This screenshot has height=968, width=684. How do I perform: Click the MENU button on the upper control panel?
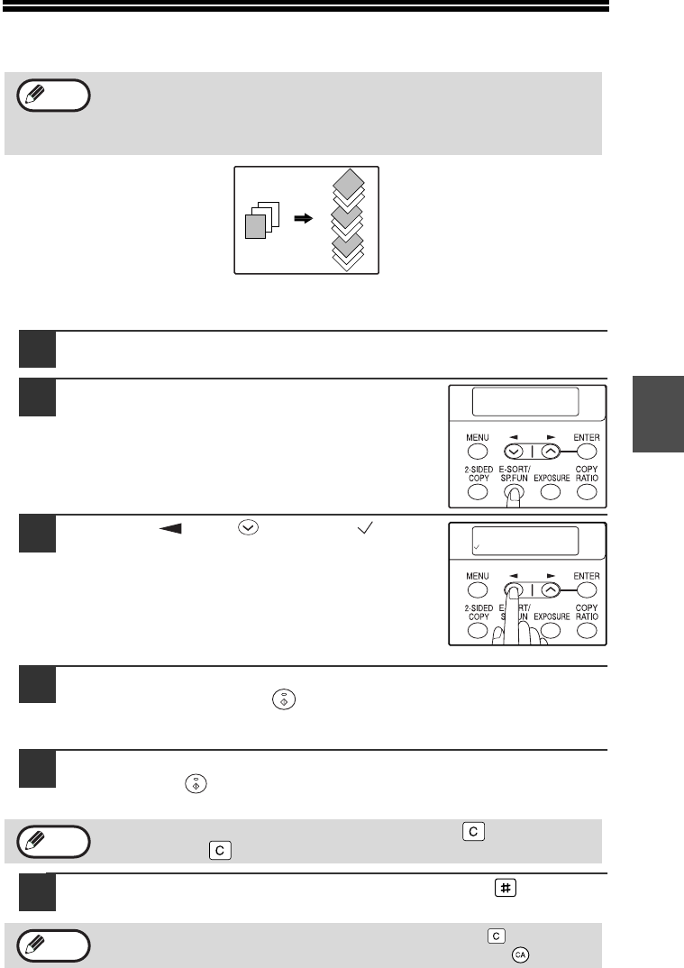click(x=478, y=452)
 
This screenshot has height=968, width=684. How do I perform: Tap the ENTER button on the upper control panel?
click(x=587, y=452)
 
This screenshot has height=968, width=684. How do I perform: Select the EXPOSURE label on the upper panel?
click(x=552, y=478)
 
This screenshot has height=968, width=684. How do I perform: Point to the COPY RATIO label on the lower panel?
click(x=587, y=612)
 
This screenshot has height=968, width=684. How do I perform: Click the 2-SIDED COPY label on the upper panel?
click(x=479, y=473)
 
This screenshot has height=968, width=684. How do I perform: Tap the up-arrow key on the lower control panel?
click(x=550, y=590)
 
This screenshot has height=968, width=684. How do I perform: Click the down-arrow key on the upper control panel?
click(x=515, y=452)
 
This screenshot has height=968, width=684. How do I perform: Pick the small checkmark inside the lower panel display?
click(x=477, y=547)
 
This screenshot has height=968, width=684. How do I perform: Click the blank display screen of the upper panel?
click(x=525, y=402)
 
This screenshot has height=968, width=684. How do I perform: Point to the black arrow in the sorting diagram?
click(x=303, y=218)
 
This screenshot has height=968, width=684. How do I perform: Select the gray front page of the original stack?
click(x=255, y=226)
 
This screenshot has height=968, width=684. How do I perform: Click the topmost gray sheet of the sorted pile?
click(x=348, y=183)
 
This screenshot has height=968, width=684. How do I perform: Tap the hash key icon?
click(x=505, y=889)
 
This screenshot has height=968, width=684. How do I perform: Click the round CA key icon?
click(x=520, y=954)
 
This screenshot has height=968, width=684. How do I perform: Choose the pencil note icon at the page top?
click(x=54, y=95)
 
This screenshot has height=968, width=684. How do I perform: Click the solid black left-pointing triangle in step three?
click(x=170, y=528)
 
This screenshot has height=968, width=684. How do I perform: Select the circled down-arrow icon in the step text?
click(x=248, y=528)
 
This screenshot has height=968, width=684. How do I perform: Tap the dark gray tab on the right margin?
click(x=658, y=414)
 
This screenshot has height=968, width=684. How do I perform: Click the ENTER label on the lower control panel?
click(x=587, y=576)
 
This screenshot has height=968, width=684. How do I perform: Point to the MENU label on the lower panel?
click(x=478, y=576)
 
